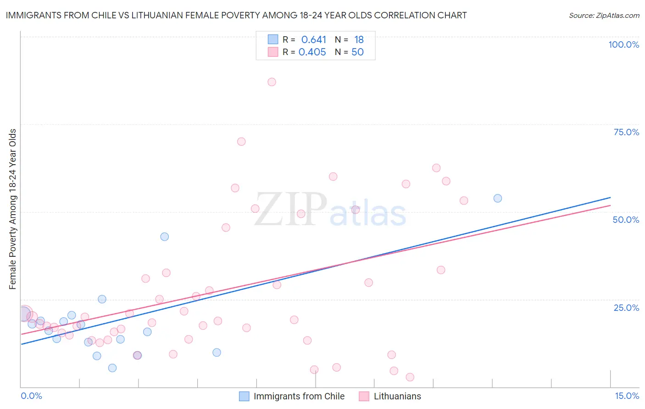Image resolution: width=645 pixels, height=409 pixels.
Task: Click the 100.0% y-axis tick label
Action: coord(623,44)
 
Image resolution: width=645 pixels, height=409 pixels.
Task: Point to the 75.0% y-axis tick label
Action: coord(626,132)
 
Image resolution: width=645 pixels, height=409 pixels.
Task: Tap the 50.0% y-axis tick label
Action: coord(626,220)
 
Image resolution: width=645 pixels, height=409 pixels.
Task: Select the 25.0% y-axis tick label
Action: coord(626,307)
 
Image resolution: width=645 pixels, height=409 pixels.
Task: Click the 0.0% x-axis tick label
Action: coord(31,396)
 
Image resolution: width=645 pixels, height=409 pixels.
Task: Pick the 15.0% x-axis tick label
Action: coord(627,396)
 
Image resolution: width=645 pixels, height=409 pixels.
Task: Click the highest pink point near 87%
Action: coord(272,82)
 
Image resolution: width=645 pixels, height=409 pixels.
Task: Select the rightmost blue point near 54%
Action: coord(498,199)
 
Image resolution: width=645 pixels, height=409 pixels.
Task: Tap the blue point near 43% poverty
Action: coord(164,237)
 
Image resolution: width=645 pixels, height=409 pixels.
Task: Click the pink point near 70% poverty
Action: coord(241,142)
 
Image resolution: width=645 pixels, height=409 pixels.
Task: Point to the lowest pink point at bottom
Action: coord(410,377)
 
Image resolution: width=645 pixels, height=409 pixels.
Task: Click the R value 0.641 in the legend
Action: coord(313,40)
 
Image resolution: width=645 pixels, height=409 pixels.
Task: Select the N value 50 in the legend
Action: coord(357,52)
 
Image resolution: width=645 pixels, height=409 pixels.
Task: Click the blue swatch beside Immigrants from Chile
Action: coord(244,396)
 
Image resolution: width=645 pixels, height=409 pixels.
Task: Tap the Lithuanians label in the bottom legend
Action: coord(397,396)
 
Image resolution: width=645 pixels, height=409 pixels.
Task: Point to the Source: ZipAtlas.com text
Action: coord(604,15)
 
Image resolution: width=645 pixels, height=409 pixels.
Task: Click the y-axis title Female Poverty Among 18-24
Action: coord(12,209)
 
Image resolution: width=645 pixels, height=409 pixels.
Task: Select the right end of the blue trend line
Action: coord(610,198)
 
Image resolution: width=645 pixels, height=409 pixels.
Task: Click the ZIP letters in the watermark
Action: coord(290,210)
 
